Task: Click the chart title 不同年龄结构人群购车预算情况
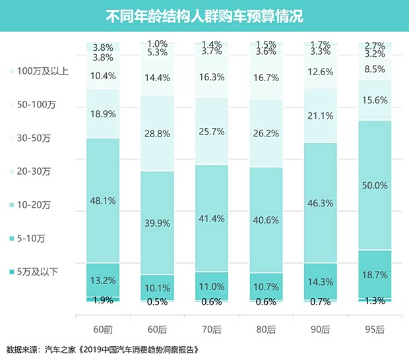pyautogui.click(x=204, y=15)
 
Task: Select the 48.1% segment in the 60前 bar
pyautogui.click(x=103, y=201)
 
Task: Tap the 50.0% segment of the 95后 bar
pyautogui.click(x=375, y=186)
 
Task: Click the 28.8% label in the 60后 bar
pyautogui.click(x=157, y=133)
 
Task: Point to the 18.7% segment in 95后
pyautogui.click(x=375, y=274)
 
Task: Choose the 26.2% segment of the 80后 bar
pyautogui.click(x=266, y=133)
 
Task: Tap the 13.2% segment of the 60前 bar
pyautogui.click(x=103, y=280)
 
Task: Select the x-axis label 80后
pyautogui.click(x=266, y=327)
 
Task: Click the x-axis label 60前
pyautogui.click(x=103, y=327)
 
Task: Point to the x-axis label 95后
pyautogui.click(x=375, y=327)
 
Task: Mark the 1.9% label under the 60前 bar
pyautogui.click(x=103, y=300)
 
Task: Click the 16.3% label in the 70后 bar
pyautogui.click(x=212, y=77)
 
